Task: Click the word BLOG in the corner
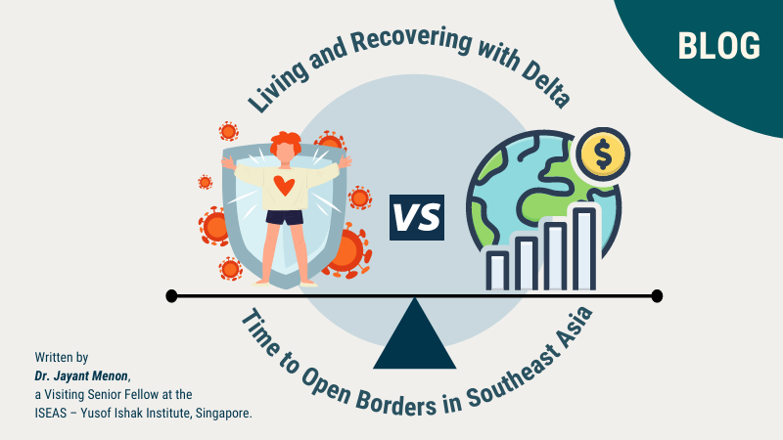(x=718, y=46)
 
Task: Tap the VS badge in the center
(x=417, y=215)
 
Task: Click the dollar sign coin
(x=602, y=154)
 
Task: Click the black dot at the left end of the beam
(x=172, y=295)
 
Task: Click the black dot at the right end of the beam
(x=657, y=295)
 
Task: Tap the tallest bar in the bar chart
(x=583, y=249)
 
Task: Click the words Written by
(x=62, y=358)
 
